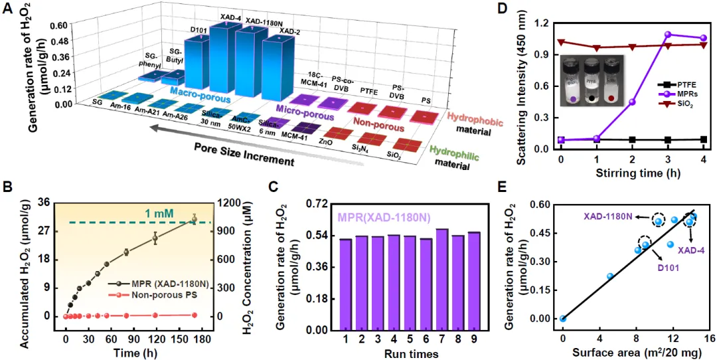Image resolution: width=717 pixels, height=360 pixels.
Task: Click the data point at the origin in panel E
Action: click(563, 318)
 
